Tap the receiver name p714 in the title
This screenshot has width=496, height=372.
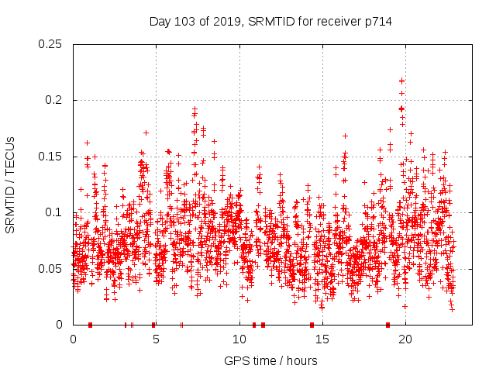pyautogui.click(x=377, y=22)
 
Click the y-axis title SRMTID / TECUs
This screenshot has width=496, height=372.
pyautogui.click(x=11, y=184)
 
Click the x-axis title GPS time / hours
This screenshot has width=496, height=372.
pyautogui.click(x=270, y=360)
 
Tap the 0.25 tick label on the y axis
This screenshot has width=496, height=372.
pyautogui.click(x=50, y=44)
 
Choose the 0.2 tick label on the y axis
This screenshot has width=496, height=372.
pyautogui.click(x=53, y=101)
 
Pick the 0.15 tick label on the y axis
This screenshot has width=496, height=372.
pyautogui.click(x=50, y=157)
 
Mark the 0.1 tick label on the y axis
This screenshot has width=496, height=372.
pyautogui.click(x=53, y=212)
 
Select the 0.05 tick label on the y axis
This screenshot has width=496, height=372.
pyautogui.click(x=50, y=269)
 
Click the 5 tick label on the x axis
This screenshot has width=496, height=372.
pyautogui.click(x=156, y=339)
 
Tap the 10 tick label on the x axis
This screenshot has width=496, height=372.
pyautogui.click(x=239, y=339)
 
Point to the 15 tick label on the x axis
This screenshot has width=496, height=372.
pyautogui.click(x=322, y=339)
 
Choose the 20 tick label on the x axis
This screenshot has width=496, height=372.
pyautogui.click(x=405, y=339)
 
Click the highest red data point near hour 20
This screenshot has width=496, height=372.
pyautogui.click(x=401, y=80)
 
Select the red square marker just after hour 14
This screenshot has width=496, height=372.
pyautogui.click(x=312, y=325)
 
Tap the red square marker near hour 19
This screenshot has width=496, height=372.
pyautogui.click(x=387, y=325)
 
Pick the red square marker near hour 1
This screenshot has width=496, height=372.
pyautogui.click(x=91, y=325)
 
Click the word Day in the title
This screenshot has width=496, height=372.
pyautogui.click(x=160, y=22)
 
